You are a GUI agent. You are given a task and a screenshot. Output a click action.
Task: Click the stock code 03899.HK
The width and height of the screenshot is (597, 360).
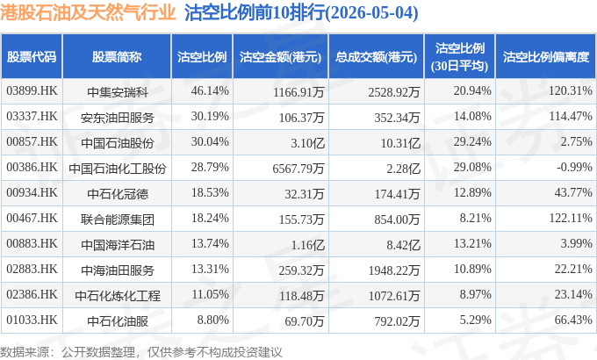click(x=32, y=90)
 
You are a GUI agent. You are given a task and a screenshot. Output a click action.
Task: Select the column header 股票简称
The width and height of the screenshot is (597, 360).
click(x=117, y=57)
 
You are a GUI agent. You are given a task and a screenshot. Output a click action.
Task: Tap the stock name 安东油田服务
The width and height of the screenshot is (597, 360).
click(x=118, y=118)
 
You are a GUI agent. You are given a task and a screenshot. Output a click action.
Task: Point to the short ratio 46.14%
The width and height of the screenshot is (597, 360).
click(x=210, y=90)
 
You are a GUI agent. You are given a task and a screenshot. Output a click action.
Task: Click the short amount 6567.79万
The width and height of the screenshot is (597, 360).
click(x=298, y=168)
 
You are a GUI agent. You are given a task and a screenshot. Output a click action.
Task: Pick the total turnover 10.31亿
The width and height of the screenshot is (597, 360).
click(x=400, y=143)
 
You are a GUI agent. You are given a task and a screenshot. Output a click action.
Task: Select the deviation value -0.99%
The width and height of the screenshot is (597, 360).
click(x=574, y=167)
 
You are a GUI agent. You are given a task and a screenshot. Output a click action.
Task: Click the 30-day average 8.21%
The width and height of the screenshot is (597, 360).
click(x=475, y=218)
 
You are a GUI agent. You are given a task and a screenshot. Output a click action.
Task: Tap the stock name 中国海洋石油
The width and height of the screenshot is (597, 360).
click(x=118, y=245)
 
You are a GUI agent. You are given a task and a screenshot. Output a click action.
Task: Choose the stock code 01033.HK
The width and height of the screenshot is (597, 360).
click(x=32, y=320)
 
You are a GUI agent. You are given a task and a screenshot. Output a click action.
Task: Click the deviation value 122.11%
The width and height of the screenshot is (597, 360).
click(x=571, y=218)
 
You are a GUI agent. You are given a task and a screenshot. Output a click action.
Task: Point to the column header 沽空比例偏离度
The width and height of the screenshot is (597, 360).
click(x=546, y=57)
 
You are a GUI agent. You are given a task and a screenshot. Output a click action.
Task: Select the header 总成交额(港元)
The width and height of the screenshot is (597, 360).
click(x=376, y=57)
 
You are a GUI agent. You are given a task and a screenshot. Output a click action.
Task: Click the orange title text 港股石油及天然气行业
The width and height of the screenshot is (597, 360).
click(x=88, y=12)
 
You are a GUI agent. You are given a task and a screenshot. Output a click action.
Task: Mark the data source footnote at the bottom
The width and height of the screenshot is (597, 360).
click(x=140, y=351)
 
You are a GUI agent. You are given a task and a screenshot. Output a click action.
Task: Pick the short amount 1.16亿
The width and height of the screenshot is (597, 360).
click(x=307, y=245)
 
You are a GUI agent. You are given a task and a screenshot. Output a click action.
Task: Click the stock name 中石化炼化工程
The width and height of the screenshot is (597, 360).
click(x=118, y=296)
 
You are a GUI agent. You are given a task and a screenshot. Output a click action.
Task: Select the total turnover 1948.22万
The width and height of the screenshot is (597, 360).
click(x=394, y=270)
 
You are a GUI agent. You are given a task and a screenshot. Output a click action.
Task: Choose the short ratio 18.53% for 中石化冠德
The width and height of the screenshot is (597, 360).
click(x=210, y=192)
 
